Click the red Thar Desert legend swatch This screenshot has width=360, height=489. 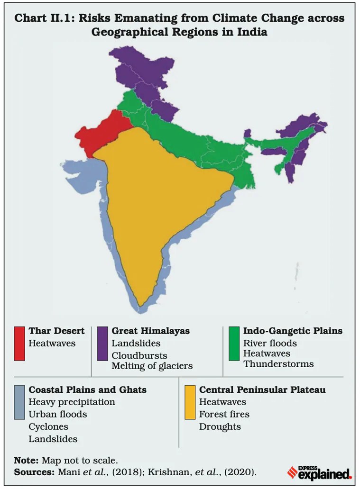tap(19, 343)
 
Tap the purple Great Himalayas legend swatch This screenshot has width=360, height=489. tap(102, 343)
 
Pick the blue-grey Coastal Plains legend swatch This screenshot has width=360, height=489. tap(19, 402)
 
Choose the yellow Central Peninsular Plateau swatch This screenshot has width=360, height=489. tap(190, 402)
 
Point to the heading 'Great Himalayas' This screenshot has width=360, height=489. tap(150, 331)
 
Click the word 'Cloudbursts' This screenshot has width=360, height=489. tap(139, 355)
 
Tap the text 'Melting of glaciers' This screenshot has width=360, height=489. tap(152, 365)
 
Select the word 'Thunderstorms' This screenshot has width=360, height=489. tap(278, 364)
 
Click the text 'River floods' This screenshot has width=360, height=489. tap(270, 343)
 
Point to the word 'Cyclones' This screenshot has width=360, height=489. tap(48, 427)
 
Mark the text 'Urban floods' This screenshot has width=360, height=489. tap(58, 414)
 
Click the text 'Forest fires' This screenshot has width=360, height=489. tap(224, 414)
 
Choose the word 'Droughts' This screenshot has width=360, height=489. tap(220, 426)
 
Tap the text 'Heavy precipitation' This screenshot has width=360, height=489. tap(72, 402)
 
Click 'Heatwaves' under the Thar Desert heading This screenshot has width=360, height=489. tap(52, 343)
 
